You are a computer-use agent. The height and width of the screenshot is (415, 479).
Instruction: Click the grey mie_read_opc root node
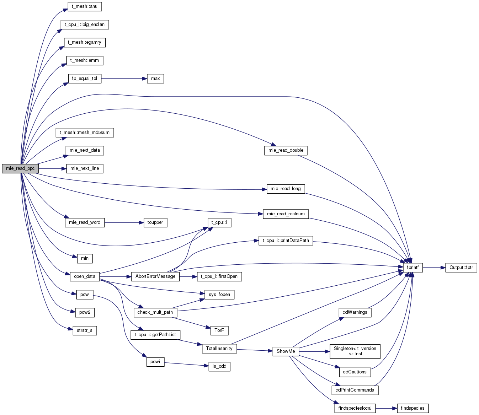coord(20,168)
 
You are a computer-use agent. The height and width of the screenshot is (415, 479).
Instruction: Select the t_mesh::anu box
coord(85,6)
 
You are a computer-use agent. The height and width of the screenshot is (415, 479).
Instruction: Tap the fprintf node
coord(413,268)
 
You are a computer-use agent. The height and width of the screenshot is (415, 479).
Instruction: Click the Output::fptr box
coord(461,268)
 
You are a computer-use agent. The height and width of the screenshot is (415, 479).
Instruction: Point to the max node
coord(155,79)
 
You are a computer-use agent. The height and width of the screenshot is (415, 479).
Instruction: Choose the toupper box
coord(155,222)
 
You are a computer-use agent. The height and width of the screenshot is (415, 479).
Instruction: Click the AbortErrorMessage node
coord(155,276)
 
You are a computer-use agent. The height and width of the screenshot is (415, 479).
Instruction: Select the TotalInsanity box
coord(219,349)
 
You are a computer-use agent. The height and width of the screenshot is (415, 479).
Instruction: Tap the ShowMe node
coord(286,351)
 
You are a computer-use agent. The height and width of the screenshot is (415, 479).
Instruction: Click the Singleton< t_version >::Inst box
coord(355,351)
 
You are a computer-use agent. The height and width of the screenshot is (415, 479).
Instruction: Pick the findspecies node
coord(413,408)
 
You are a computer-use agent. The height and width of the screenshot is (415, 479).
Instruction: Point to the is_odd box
coord(219,367)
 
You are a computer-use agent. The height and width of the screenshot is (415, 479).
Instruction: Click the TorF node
coord(219,330)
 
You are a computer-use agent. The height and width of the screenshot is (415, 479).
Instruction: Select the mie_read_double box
coord(286,151)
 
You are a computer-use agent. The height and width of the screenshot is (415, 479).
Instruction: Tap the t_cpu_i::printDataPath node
coord(286,241)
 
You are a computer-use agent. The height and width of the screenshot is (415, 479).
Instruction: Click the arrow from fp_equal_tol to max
coord(124,79)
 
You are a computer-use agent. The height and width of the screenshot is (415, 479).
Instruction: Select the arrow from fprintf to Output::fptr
coord(434,268)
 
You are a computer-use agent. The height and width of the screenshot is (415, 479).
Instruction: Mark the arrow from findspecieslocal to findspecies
coord(386,408)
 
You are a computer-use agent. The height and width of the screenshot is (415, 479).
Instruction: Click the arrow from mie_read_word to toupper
coord(124,222)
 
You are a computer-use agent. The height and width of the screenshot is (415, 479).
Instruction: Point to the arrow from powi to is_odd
coord(186,364)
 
